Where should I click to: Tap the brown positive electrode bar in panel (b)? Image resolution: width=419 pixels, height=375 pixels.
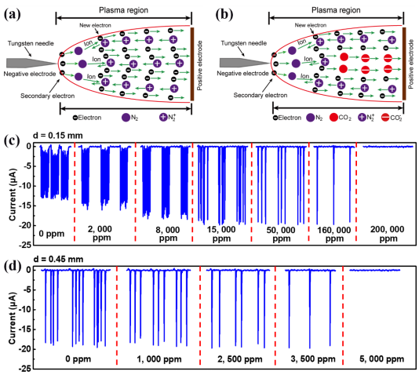[404, 64]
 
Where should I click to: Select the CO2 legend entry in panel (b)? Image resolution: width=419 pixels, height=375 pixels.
[341, 118]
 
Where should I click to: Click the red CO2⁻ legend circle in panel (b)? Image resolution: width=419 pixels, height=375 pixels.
[385, 118]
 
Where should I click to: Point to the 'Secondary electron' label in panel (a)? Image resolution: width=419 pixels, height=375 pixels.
[48, 96]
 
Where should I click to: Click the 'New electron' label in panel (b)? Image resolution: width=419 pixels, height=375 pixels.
[311, 25]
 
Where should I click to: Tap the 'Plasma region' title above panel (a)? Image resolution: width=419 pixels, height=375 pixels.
[123, 10]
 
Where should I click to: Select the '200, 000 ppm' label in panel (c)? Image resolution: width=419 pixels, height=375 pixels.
[387, 234]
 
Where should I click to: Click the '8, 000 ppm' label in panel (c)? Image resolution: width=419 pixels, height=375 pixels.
[168, 234]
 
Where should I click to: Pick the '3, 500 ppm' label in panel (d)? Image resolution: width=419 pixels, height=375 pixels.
[313, 359]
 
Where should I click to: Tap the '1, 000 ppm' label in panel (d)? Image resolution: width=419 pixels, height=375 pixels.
[159, 359]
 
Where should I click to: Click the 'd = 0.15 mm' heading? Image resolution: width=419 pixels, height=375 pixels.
[58, 136]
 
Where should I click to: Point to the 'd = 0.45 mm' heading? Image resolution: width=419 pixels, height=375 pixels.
[58, 259]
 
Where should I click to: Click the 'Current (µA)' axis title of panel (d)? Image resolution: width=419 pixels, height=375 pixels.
[12, 318]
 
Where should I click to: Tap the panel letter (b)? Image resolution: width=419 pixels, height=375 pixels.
[224, 15]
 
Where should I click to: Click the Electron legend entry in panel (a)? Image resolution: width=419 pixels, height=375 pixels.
[87, 118]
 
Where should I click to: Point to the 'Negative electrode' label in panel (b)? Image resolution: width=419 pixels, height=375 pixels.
[242, 73]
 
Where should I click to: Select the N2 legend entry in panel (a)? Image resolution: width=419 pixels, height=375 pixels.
[130, 118]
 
